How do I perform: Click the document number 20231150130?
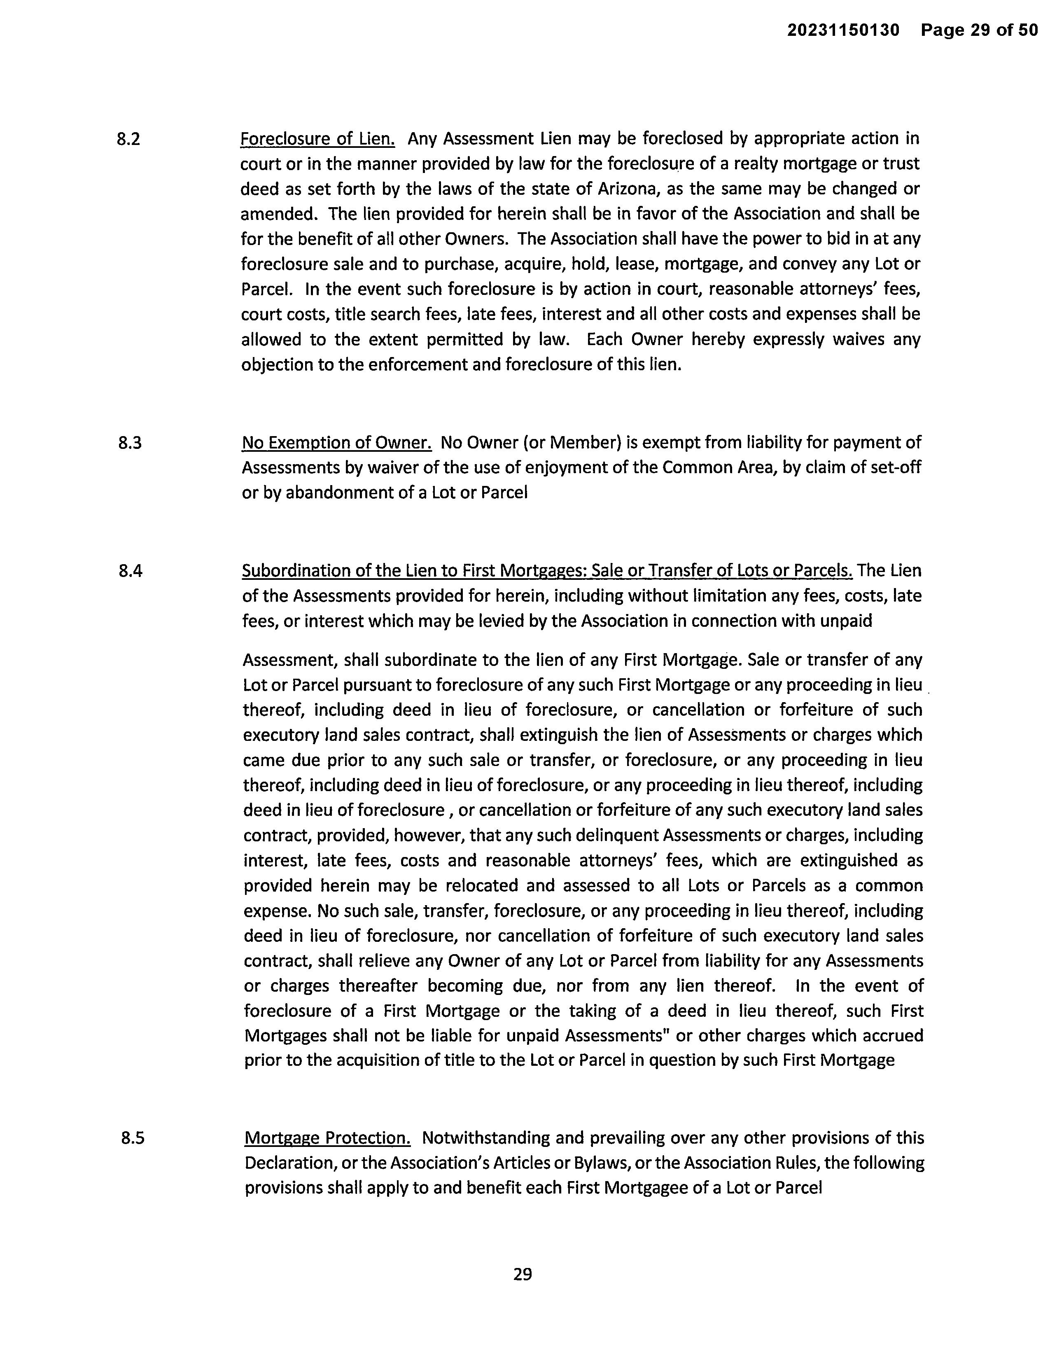(843, 30)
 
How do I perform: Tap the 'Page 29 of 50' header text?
(979, 30)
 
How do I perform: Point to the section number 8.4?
(130, 571)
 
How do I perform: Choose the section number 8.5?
(133, 1138)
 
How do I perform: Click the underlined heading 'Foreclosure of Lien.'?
(317, 138)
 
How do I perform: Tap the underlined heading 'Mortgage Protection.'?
(327, 1138)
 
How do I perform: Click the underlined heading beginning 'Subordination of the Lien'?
(547, 571)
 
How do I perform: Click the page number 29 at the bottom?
(523, 1275)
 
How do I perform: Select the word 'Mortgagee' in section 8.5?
(651, 1188)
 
